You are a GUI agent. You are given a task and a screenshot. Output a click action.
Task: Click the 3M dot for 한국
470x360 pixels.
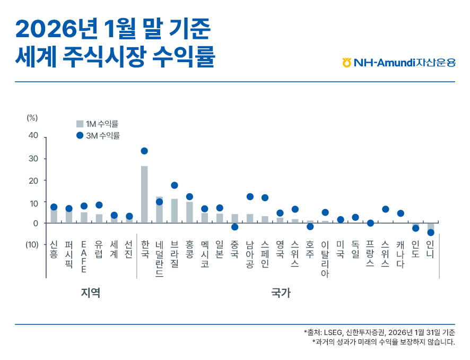tap(144, 151)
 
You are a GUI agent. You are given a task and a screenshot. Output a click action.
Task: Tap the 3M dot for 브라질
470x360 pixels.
tap(175, 185)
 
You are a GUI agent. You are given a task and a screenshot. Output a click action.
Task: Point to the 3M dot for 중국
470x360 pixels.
tap(235, 227)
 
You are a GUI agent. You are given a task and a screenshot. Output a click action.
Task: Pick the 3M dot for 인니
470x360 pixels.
tap(431, 233)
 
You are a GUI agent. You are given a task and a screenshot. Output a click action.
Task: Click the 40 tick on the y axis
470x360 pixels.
tap(33, 135)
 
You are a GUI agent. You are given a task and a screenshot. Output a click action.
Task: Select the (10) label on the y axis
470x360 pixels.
tap(32, 245)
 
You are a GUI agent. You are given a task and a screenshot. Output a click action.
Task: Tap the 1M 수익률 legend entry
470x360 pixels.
tap(98, 124)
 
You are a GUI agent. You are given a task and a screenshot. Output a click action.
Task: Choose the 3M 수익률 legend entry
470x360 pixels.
tap(98, 135)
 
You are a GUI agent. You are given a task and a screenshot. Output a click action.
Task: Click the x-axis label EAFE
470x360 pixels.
tap(83, 257)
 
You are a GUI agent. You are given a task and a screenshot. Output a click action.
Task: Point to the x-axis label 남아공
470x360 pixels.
tap(250, 254)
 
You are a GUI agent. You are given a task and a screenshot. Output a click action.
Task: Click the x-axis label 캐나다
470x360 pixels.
tap(401, 254)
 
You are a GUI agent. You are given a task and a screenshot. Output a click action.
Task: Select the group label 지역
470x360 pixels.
tap(91, 293)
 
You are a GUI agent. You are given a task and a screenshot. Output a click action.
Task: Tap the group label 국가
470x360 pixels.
tap(280, 293)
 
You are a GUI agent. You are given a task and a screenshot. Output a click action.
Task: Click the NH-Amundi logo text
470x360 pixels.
tap(399, 63)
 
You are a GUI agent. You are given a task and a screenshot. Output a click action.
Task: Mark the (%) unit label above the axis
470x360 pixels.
tap(32, 118)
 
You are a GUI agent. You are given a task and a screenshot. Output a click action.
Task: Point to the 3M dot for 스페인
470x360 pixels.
tap(265, 198)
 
